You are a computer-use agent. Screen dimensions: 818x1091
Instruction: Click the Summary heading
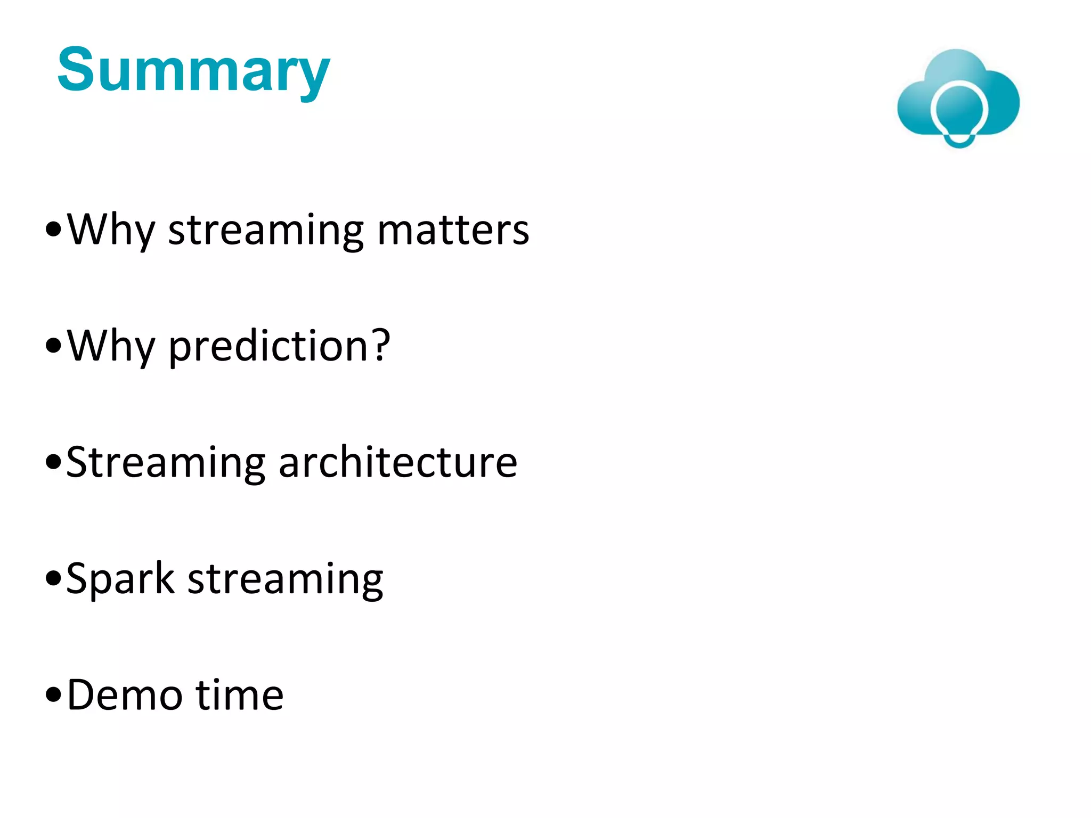click(193, 71)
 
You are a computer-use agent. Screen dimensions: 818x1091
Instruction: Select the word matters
click(453, 230)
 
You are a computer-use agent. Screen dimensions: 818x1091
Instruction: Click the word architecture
click(397, 462)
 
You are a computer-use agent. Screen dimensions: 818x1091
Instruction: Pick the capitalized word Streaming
click(166, 462)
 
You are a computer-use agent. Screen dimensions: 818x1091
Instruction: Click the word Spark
click(120, 578)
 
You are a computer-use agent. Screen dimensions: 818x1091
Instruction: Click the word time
click(240, 695)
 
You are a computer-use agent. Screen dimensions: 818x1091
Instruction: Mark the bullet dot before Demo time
click(54, 695)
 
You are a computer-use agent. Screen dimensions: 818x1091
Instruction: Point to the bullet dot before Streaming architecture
click(54, 462)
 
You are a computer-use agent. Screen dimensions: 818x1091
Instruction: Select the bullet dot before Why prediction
click(54, 346)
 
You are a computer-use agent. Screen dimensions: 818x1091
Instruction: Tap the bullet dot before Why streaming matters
click(54, 230)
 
